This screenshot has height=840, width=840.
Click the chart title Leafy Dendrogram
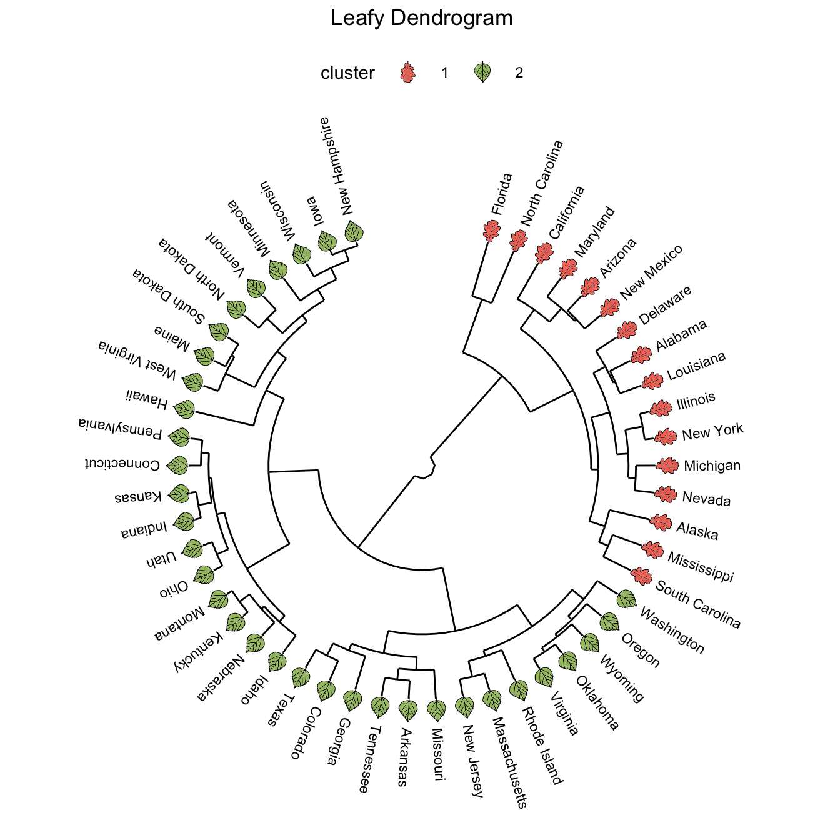tap(421, 18)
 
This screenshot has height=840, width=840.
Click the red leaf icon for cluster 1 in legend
tap(407, 73)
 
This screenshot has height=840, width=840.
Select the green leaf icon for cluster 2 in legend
tap(482, 72)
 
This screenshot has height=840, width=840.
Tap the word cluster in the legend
tap(347, 73)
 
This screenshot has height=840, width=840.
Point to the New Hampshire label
tap(336, 166)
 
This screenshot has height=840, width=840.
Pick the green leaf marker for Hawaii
tap(184, 409)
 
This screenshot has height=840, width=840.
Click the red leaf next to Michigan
tap(667, 466)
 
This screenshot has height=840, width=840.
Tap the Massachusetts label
tap(509, 762)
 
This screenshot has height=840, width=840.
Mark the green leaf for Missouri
tap(436, 710)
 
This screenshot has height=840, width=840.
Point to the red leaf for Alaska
tap(660, 522)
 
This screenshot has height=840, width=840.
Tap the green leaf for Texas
tap(301, 677)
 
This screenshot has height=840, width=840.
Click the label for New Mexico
tap(651, 272)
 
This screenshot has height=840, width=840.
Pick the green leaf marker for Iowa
tap(327, 241)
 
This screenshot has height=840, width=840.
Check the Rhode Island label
tap(542, 746)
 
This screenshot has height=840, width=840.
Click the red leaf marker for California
tap(544, 254)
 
